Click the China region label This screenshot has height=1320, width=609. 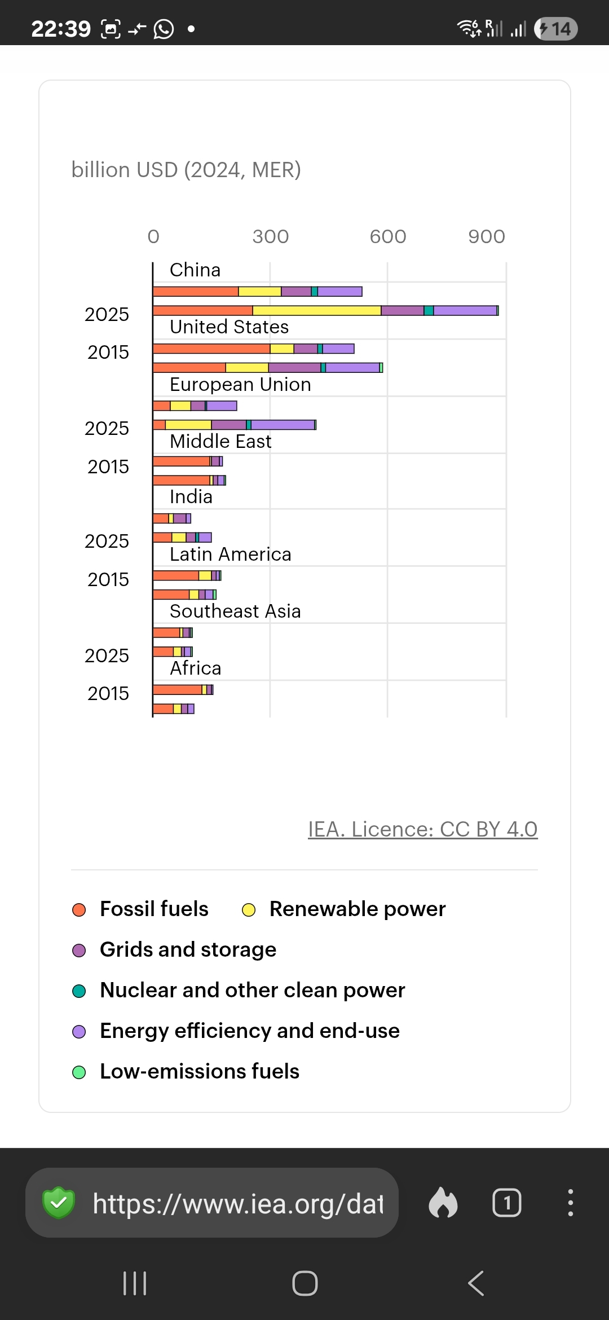click(195, 270)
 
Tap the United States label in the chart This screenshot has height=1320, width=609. click(229, 327)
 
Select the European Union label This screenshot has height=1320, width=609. click(240, 385)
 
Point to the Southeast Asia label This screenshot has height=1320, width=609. click(235, 611)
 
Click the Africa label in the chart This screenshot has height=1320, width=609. click(196, 668)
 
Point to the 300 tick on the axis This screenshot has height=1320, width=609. click(271, 237)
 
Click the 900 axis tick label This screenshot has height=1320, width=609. click(487, 237)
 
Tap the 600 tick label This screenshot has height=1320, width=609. click(388, 237)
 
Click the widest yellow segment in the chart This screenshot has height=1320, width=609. click(316, 311)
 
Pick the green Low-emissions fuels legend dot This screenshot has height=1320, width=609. click(80, 1072)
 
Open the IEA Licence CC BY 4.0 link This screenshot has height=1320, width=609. click(422, 829)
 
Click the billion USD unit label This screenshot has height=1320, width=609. click(186, 170)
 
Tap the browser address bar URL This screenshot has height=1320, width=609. click(237, 1203)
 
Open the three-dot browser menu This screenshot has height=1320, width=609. click(571, 1203)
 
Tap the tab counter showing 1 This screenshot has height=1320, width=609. click(506, 1203)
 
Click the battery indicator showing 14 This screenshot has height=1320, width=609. click(556, 29)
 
